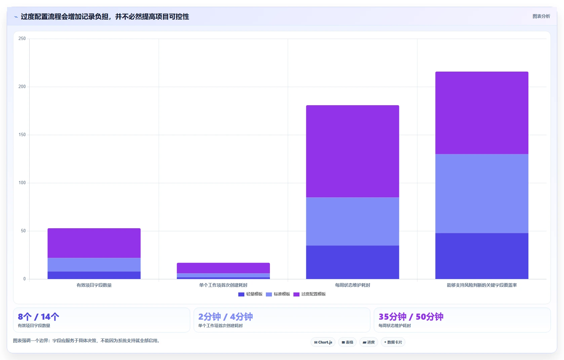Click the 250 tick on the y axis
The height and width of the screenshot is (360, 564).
[22, 39]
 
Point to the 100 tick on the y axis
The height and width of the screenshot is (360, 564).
[22, 183]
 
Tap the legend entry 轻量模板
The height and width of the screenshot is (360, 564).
[250, 294]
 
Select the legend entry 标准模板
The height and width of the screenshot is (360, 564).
[278, 294]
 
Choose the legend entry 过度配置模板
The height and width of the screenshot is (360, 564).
[310, 294]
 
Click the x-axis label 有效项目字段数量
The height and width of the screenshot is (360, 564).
[94, 285]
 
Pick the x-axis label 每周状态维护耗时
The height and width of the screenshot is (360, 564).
[353, 285]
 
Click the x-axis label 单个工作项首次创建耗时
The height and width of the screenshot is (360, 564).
[223, 285]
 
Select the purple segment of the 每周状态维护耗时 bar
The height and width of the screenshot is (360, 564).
[353, 151]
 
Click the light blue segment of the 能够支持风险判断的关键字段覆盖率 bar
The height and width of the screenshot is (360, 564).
[482, 194]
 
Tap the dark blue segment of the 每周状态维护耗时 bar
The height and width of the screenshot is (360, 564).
[353, 262]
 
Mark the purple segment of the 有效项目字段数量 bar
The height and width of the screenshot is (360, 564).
[94, 243]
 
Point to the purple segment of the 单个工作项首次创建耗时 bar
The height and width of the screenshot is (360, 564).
[223, 268]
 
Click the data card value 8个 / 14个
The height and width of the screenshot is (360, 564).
[39, 317]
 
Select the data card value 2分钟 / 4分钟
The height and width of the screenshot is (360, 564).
[226, 317]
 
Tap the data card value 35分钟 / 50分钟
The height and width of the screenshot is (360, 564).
[411, 317]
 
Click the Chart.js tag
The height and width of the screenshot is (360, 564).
[323, 342]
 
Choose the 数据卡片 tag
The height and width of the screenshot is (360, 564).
[393, 342]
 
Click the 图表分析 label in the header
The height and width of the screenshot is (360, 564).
[541, 16]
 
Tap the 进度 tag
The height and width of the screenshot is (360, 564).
[369, 342]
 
